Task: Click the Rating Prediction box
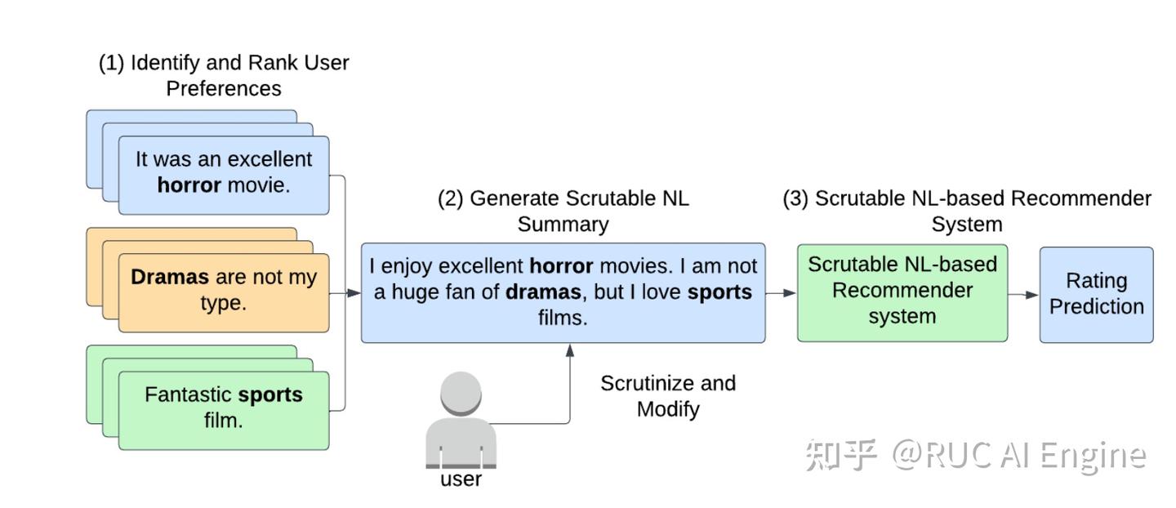[x=1096, y=295]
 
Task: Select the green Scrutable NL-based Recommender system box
[x=902, y=293]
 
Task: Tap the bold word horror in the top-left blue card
[x=189, y=185]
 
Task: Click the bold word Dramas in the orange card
[x=170, y=277]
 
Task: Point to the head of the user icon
[x=461, y=393]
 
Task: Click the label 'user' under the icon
[x=461, y=479]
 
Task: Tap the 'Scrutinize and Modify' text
[x=668, y=396]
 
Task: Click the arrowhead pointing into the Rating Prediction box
[x=1032, y=295]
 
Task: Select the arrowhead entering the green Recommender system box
[x=791, y=293]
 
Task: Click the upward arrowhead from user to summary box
[x=570, y=350]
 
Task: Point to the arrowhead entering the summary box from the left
[x=354, y=293]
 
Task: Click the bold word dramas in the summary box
[x=543, y=292]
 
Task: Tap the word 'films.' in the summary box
[x=562, y=318]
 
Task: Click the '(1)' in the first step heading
[x=111, y=63]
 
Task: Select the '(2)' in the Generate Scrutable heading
[x=451, y=199]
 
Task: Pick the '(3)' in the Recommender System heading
[x=795, y=199]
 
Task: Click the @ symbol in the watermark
[x=907, y=453]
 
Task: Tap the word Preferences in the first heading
[x=224, y=89]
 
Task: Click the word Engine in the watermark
[x=1093, y=457]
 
